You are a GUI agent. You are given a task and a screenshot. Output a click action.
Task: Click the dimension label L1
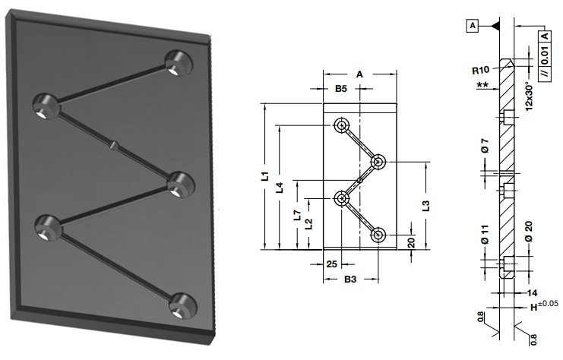pyautogui.click(x=265, y=176)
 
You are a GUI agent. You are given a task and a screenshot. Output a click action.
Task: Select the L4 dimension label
pyautogui.click(x=280, y=188)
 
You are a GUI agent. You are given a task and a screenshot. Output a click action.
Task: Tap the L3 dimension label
pyautogui.click(x=425, y=206)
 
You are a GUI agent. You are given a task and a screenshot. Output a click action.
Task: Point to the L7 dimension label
pyautogui.click(x=297, y=215)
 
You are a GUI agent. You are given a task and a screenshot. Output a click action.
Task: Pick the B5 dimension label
pyautogui.click(x=341, y=88)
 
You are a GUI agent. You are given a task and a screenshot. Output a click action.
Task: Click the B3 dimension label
pyautogui.click(x=350, y=279)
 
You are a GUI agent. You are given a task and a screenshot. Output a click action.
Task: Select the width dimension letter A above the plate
pyautogui.click(x=359, y=74)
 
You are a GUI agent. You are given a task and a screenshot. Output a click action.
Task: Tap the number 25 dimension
pyautogui.click(x=332, y=264)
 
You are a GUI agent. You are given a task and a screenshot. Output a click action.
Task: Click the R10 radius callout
pyautogui.click(x=480, y=70)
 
